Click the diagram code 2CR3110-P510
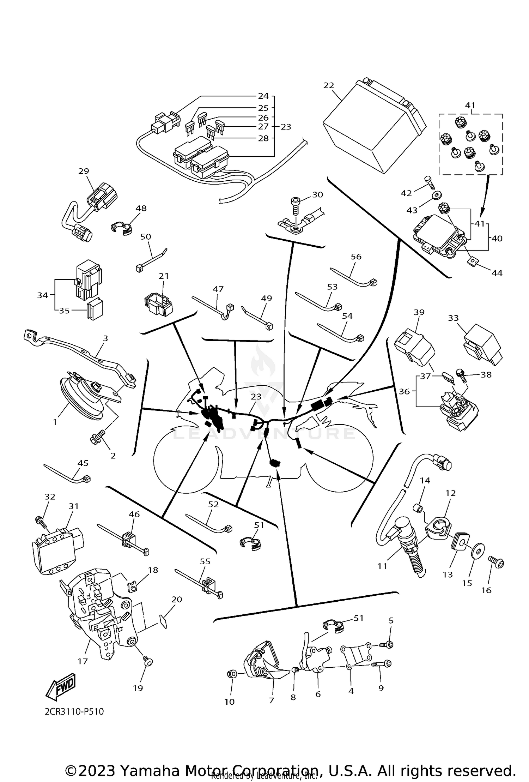(x=74, y=712)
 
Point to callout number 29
(x=84, y=171)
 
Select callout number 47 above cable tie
(x=218, y=289)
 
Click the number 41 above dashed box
(x=470, y=105)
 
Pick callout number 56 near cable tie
(x=356, y=257)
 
